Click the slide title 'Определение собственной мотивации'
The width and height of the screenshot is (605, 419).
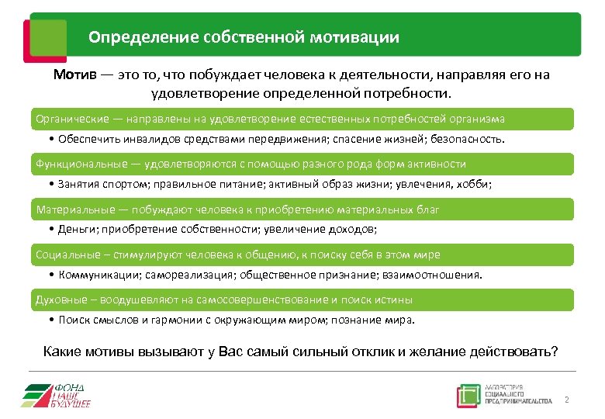tap(244, 36)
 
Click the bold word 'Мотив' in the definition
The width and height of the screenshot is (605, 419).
tap(74, 75)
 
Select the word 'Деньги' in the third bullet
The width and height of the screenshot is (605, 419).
tap(76, 230)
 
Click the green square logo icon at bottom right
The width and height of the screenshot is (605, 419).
tap(468, 395)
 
